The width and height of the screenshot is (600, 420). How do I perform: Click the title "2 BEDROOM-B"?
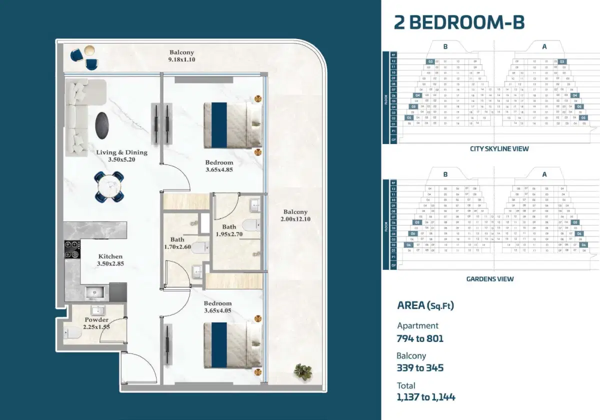pyautogui.click(x=459, y=22)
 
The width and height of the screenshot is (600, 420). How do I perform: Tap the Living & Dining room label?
pyautogui.click(x=122, y=152)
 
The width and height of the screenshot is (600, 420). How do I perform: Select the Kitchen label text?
pyautogui.click(x=110, y=256)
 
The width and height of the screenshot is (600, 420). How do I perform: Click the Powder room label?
pyautogui.click(x=96, y=320)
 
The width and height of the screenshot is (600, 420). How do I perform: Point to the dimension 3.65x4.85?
pyautogui.click(x=219, y=170)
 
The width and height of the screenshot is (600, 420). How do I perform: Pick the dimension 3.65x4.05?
pyautogui.click(x=217, y=310)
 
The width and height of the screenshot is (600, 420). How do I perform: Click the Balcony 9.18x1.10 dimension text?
pyautogui.click(x=181, y=59)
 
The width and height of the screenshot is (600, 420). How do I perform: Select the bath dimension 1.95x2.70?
pyautogui.click(x=229, y=234)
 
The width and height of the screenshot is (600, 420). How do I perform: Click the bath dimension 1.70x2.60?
pyautogui.click(x=177, y=246)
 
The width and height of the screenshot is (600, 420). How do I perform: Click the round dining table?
pyautogui.click(x=109, y=186)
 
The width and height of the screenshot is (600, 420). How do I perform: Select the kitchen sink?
pyautogui.click(x=93, y=292)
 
